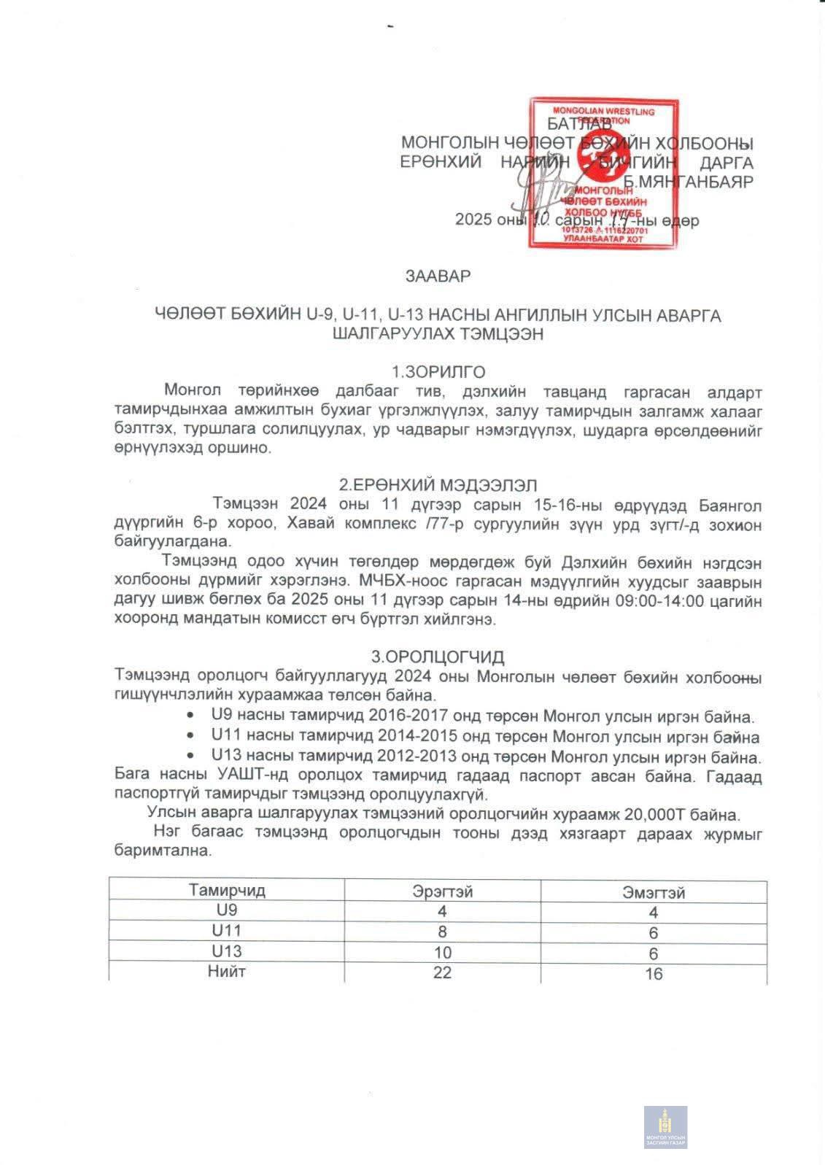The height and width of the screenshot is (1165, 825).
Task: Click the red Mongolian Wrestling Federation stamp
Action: point(603,174)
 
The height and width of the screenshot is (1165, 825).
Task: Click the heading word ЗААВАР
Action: point(438,276)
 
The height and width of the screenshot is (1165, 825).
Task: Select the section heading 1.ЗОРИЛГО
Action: point(438,371)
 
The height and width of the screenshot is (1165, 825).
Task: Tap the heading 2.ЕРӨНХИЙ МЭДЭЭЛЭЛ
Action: point(438,484)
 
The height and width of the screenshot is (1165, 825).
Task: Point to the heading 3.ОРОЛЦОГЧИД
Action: point(438,657)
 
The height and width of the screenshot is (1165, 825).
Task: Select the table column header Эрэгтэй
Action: point(442,891)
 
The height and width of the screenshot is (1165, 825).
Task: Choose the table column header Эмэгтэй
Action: point(654,892)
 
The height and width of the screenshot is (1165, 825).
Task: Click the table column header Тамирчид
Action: point(227,890)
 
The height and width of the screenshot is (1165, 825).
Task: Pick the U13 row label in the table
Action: point(227,951)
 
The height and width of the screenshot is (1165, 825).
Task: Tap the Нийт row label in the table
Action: point(227,972)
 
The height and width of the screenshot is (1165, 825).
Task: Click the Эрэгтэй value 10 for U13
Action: point(442,953)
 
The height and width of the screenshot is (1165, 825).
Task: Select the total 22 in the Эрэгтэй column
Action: point(442,972)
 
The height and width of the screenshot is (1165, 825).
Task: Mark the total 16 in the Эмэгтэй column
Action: point(654,973)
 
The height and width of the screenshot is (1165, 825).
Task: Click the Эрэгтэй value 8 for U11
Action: point(442,932)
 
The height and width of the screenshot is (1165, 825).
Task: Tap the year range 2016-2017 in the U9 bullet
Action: point(408,717)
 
